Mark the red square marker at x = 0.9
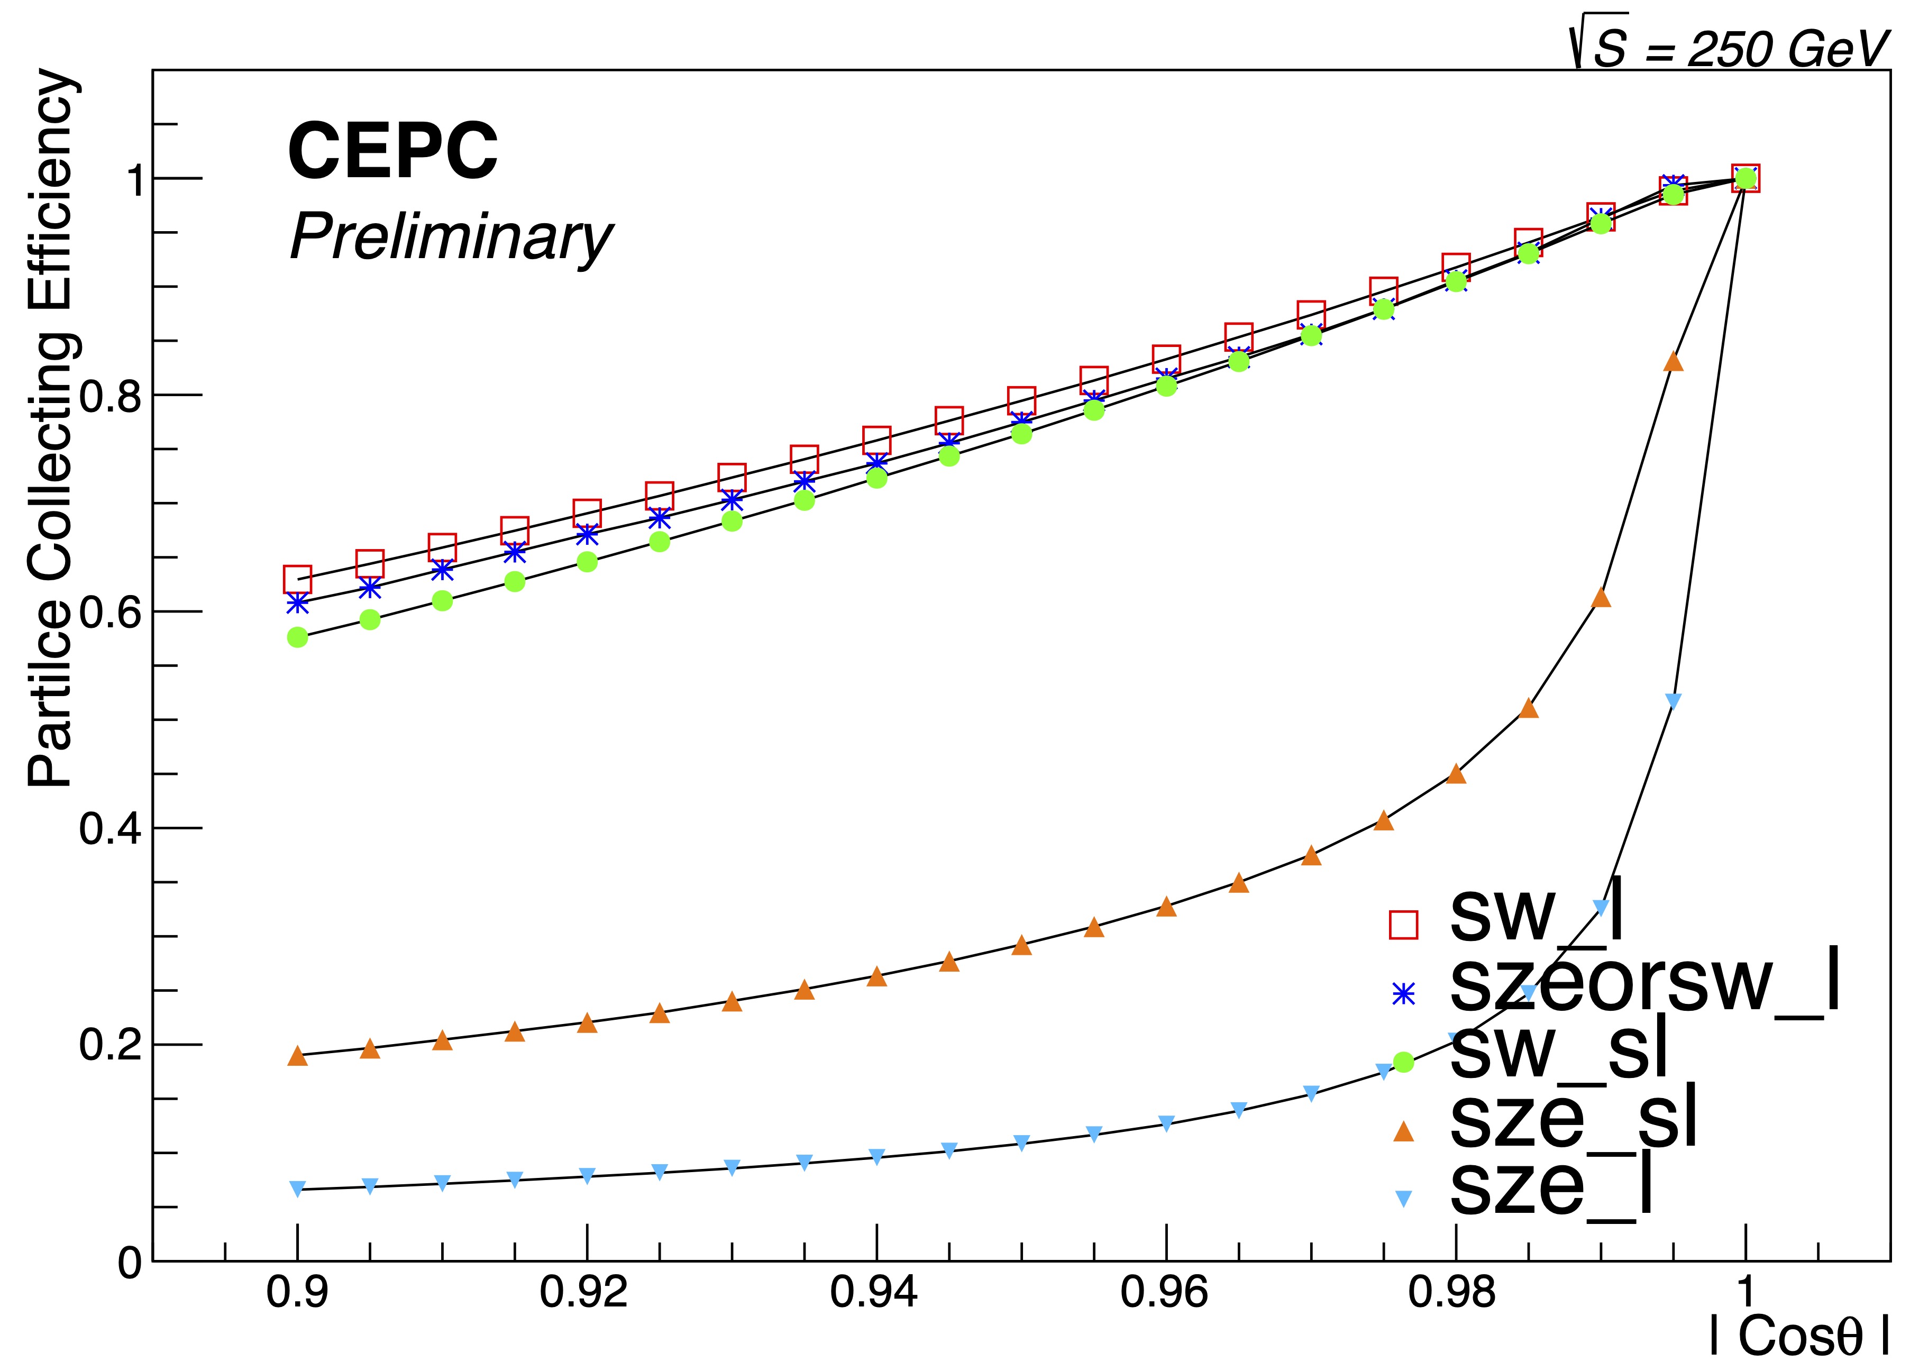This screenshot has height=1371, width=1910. [x=297, y=579]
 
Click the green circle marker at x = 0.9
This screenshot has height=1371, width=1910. [x=297, y=637]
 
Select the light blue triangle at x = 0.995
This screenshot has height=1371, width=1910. [x=1674, y=701]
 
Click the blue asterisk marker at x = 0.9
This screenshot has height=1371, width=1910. [x=297, y=603]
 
